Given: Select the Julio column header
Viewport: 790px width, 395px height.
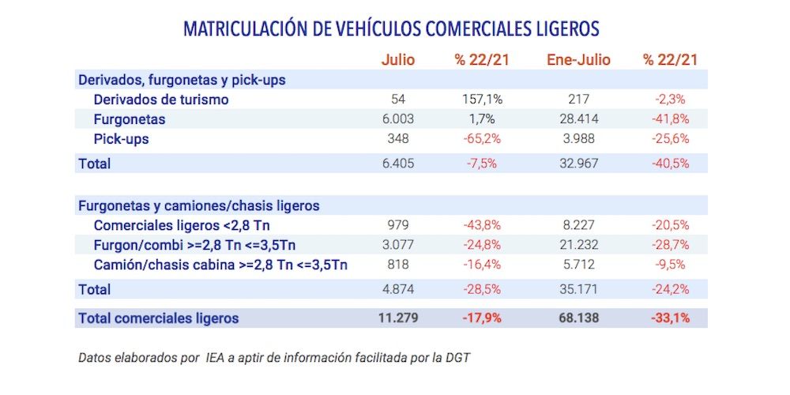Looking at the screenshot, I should point(397,59).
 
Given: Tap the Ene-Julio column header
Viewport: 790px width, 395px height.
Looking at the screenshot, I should point(578,59).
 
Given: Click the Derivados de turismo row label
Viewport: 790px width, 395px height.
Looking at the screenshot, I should point(161,100).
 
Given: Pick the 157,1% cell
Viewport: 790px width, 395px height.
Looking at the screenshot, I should point(482,100).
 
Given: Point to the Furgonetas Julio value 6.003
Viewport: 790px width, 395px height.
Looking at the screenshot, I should point(397,119).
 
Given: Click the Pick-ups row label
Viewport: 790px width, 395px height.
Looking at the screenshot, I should point(121,139).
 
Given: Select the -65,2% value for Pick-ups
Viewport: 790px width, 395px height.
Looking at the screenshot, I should point(482,139).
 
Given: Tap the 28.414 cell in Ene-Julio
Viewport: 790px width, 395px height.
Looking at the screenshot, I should point(579,119).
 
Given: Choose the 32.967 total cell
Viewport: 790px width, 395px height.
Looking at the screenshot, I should point(579,164).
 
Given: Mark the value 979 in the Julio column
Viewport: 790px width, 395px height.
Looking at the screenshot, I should point(397,224).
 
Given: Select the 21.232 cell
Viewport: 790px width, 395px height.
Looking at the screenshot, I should point(579,244).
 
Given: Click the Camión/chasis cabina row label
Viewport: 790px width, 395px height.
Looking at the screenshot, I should point(220,264).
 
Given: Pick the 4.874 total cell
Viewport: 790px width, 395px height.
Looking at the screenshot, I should point(397,289).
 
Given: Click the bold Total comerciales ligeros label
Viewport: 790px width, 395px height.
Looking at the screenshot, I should point(158,318).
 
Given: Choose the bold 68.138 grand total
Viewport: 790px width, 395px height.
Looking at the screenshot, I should point(579,318).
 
